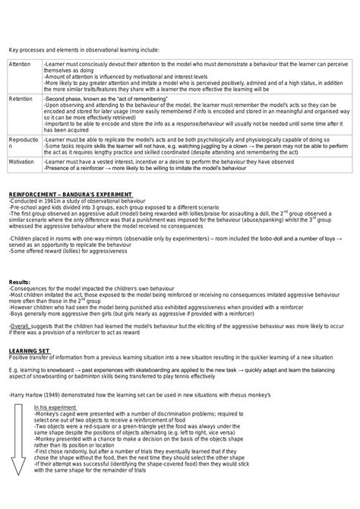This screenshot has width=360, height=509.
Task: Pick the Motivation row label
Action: (22, 162)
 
